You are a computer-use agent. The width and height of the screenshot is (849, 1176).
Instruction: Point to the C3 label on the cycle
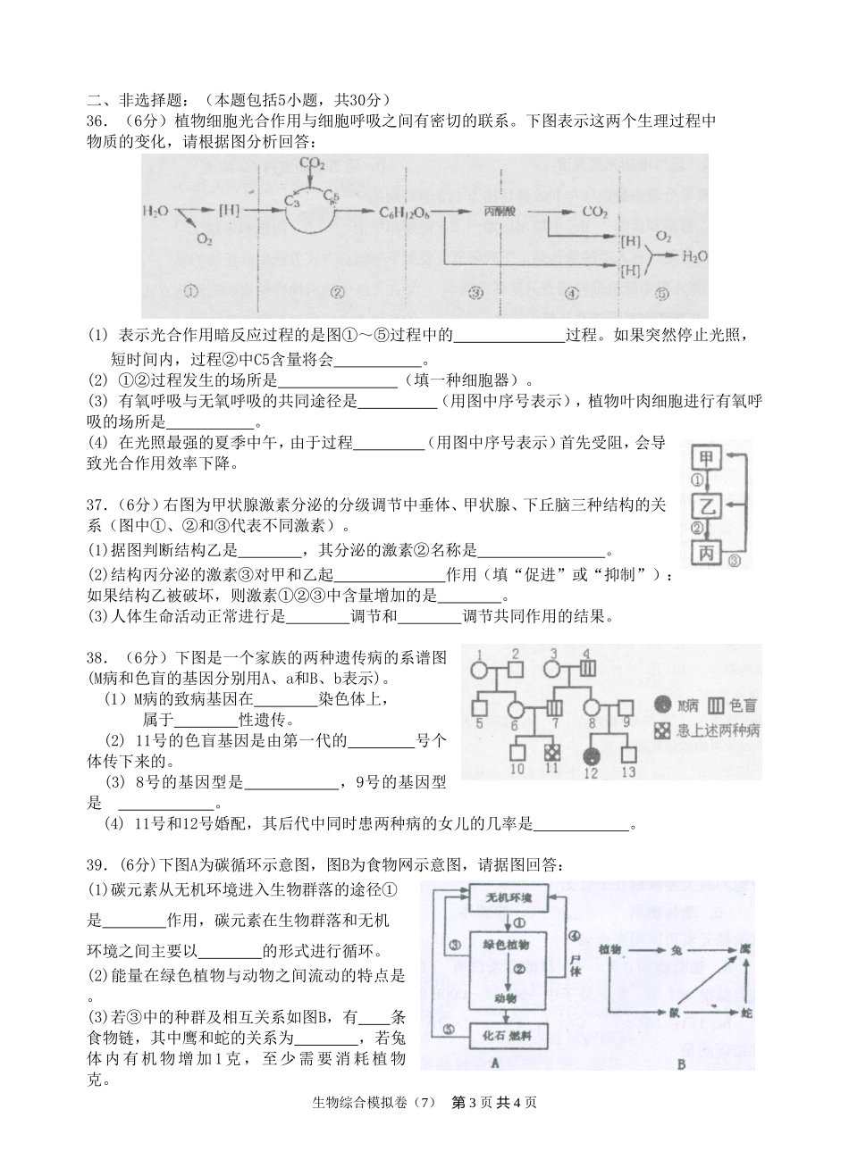[x=292, y=198]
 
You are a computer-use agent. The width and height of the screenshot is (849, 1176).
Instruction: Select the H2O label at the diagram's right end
[x=693, y=256]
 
